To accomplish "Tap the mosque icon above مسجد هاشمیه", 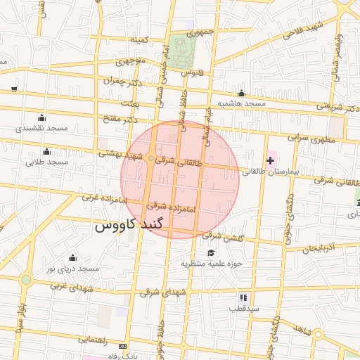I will [241, 94].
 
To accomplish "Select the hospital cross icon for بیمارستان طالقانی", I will [270, 161].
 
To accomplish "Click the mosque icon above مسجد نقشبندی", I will [41, 117].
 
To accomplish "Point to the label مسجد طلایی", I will [46, 162].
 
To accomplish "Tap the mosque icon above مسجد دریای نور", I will [72, 258].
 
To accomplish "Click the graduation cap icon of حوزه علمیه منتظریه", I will [210, 253].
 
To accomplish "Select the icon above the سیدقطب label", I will [243, 297].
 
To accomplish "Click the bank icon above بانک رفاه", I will [123, 347].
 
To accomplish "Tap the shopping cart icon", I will [14, 89].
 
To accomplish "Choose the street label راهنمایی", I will [91, 339].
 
